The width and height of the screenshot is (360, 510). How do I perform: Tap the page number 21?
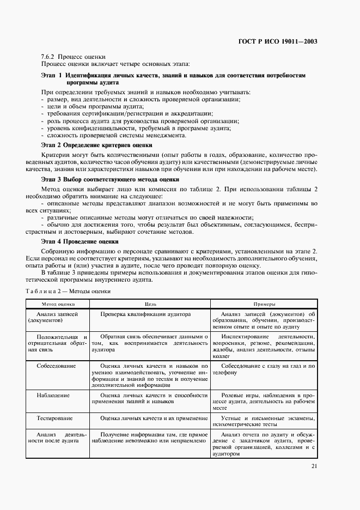click(x=314, y=466)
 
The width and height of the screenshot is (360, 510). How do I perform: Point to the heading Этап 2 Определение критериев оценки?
click(x=96, y=145)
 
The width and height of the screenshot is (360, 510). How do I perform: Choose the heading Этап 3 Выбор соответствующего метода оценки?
click(x=110, y=179)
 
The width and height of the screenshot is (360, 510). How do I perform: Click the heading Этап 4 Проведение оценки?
click(x=80, y=241)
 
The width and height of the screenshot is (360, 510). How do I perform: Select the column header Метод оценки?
click(x=59, y=304)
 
